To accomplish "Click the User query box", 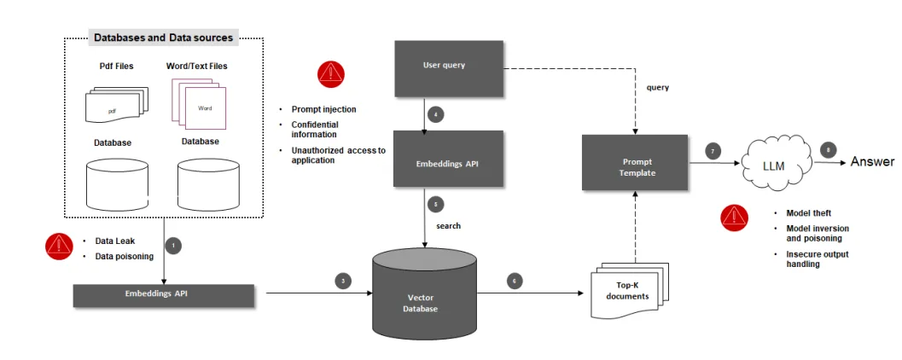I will (x=444, y=67).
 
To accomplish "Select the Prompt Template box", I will (x=635, y=163).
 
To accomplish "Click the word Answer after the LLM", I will (x=872, y=162).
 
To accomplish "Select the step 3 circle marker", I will (x=342, y=281).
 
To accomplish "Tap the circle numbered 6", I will (x=514, y=281).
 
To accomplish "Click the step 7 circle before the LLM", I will (x=713, y=151).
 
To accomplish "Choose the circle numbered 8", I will (x=826, y=149).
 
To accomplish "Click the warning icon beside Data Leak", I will (x=59, y=247).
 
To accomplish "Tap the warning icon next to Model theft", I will (x=734, y=218).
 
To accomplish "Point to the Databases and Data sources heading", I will (x=163, y=38).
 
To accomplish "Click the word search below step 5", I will (x=448, y=226).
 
